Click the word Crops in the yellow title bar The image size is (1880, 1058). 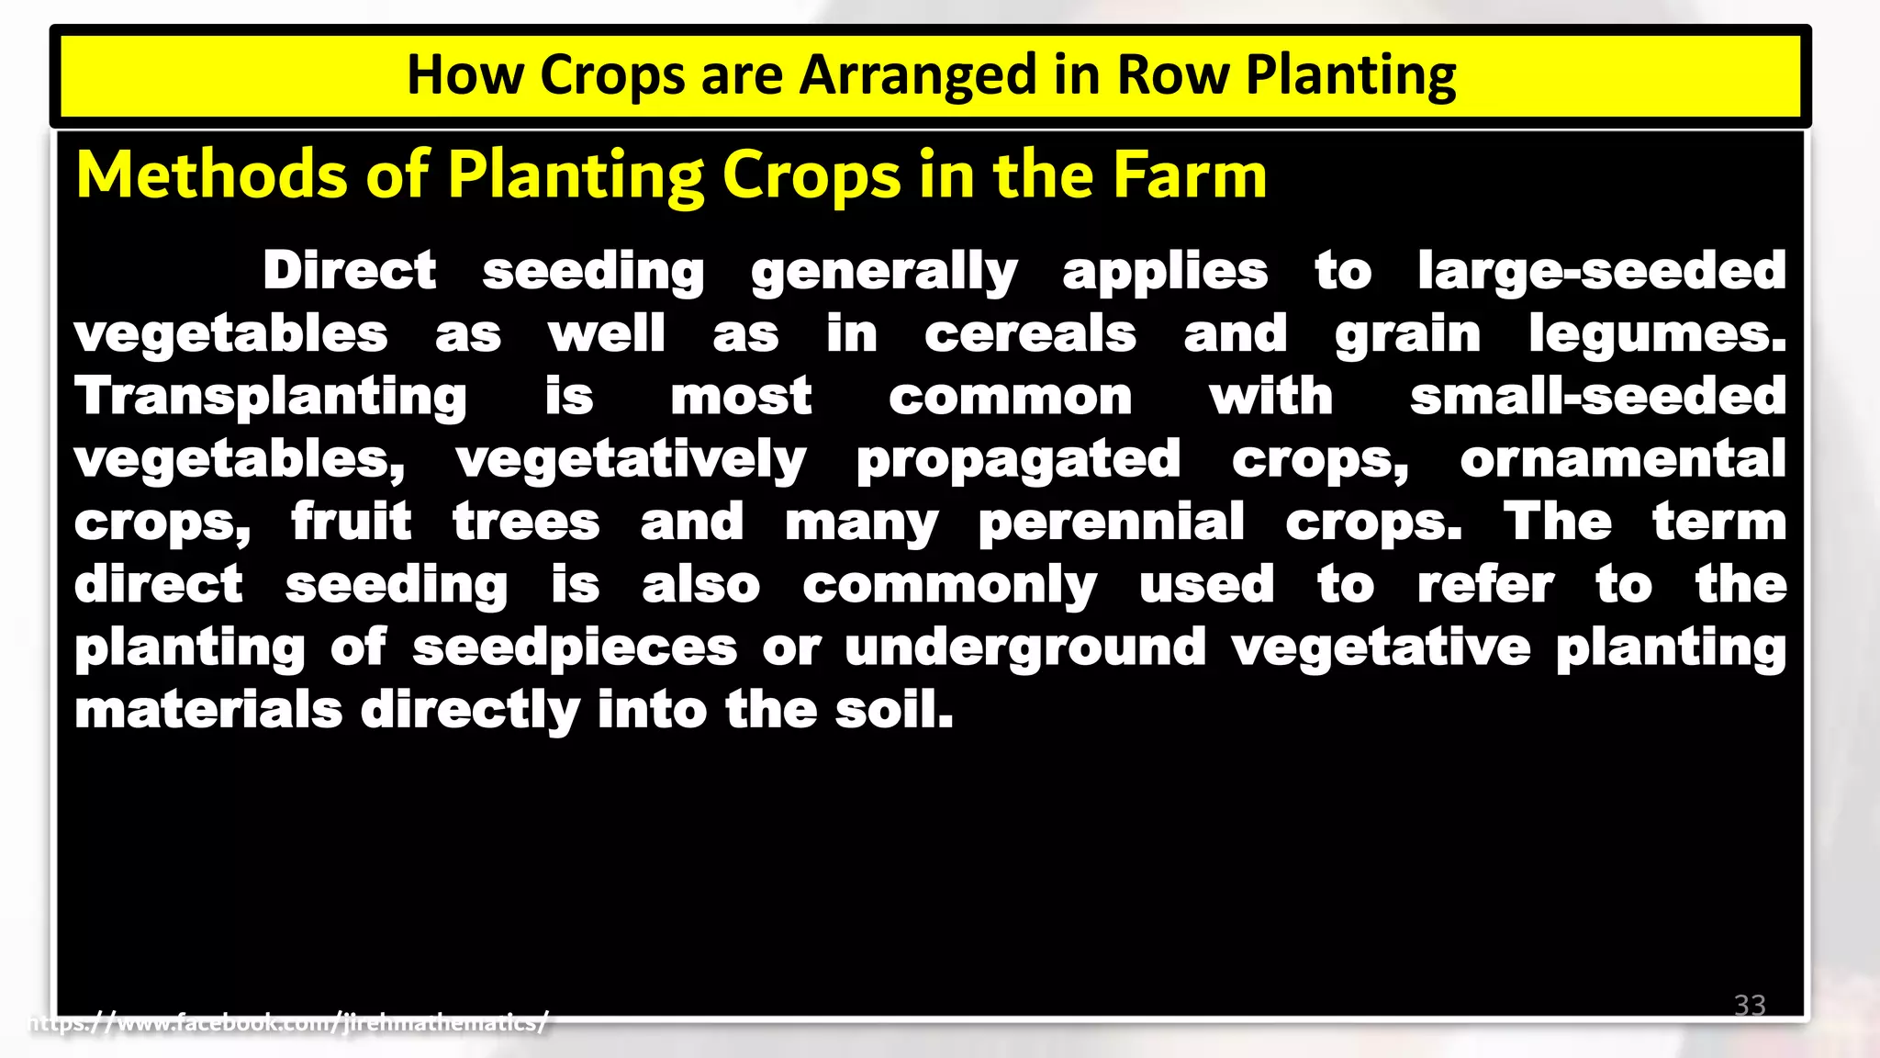coord(611,75)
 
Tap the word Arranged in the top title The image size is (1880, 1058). coord(918,75)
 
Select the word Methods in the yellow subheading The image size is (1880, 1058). coord(212,174)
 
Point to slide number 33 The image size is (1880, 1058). coord(1750,1005)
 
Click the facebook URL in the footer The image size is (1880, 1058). coord(289,1022)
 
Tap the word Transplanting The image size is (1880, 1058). coord(271,397)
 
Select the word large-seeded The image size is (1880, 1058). coord(1601,271)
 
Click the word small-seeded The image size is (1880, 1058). coord(1597,397)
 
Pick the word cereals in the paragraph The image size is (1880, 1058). coord(1030,334)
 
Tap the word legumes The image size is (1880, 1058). coord(1656,334)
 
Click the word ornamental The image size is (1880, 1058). coord(1622,459)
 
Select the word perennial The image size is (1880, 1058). coord(1111,523)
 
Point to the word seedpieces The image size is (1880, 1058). coord(575,647)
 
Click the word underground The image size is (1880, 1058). coord(1024,647)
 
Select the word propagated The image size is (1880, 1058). coord(1017,459)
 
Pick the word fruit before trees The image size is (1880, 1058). coord(352,522)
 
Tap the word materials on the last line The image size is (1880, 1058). coord(208,710)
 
